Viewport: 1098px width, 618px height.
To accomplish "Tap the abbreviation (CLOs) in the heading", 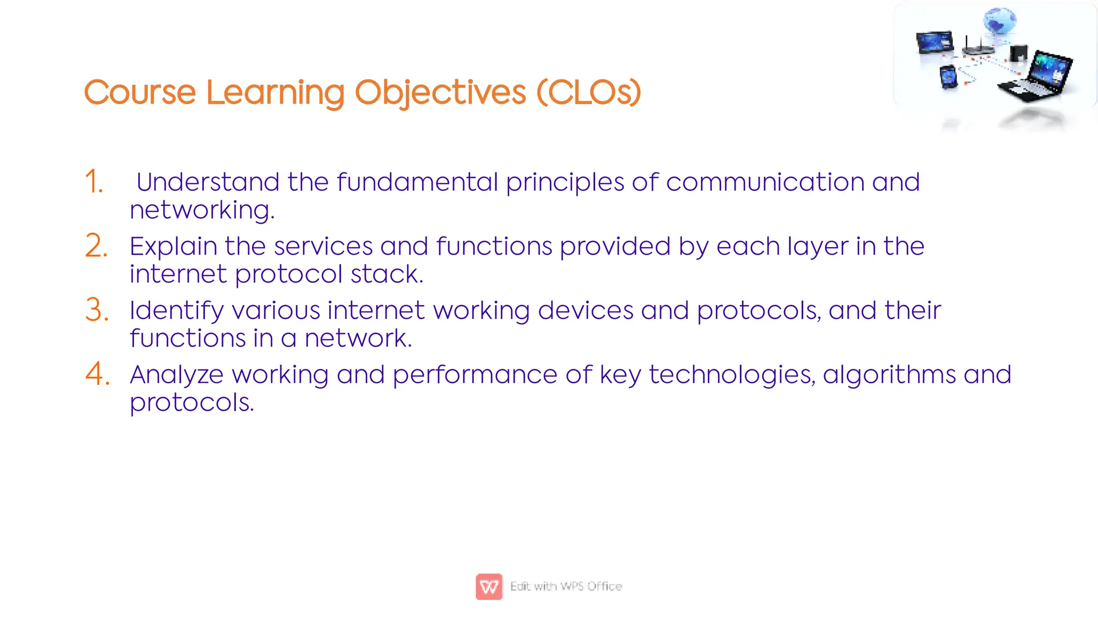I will (588, 92).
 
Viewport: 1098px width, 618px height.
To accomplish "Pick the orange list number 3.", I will (97, 310).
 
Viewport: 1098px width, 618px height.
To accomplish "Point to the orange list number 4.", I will (97, 374).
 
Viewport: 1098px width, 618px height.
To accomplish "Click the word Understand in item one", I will (207, 182).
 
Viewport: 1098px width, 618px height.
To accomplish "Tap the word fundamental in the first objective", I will (417, 182).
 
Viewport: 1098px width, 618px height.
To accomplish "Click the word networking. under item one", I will (202, 210).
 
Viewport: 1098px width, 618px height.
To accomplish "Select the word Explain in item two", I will (173, 247).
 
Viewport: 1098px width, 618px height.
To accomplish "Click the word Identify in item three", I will (176, 311).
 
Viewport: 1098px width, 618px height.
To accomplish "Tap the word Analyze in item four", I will (176, 375).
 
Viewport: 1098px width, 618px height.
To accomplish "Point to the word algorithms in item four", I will (889, 375).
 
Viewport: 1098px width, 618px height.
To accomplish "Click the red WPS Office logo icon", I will (489, 586).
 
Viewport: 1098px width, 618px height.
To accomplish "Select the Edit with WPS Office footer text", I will (566, 586).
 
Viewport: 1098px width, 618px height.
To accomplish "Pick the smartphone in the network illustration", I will (948, 77).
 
